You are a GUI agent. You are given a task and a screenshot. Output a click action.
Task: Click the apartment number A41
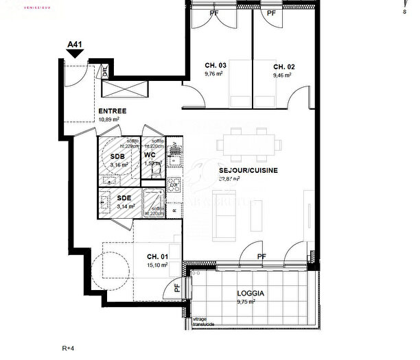click(75, 45)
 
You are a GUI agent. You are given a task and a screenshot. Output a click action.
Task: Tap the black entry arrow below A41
click(75, 54)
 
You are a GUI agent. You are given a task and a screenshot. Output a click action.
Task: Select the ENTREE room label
click(112, 110)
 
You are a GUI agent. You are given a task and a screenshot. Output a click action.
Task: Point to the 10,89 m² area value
click(109, 119)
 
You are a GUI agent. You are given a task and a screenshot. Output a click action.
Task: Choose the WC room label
click(150, 155)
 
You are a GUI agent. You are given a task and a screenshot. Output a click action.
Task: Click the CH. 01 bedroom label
click(158, 257)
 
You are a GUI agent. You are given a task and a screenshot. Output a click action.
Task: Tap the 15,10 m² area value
click(158, 265)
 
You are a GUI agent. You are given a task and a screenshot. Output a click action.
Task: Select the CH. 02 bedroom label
click(284, 67)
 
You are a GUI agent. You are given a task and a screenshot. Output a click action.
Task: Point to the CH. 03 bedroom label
click(215, 67)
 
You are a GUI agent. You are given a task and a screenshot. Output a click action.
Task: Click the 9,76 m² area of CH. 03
click(215, 74)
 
